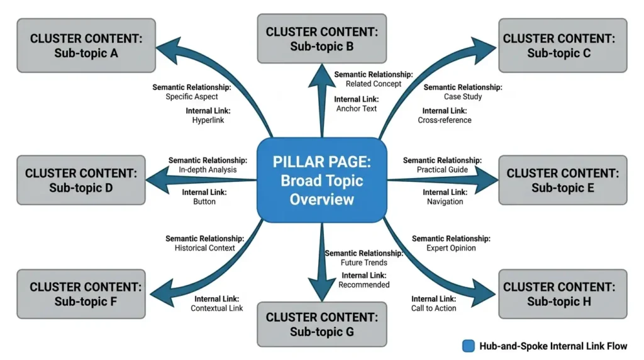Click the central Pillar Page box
point(321,180)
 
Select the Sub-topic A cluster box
point(86,45)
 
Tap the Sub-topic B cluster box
point(322,39)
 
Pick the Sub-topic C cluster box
point(562,45)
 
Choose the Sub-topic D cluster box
point(80,180)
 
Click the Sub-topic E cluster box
point(562,180)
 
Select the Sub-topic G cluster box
point(322,324)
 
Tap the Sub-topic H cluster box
point(562,294)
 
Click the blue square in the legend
point(468,346)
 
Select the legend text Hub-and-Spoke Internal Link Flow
point(553,346)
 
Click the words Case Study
point(462,97)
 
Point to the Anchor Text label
point(357,109)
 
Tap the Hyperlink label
point(208,120)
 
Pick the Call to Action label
point(434,308)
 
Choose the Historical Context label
point(204,248)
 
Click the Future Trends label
point(364,262)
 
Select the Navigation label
point(445,202)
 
